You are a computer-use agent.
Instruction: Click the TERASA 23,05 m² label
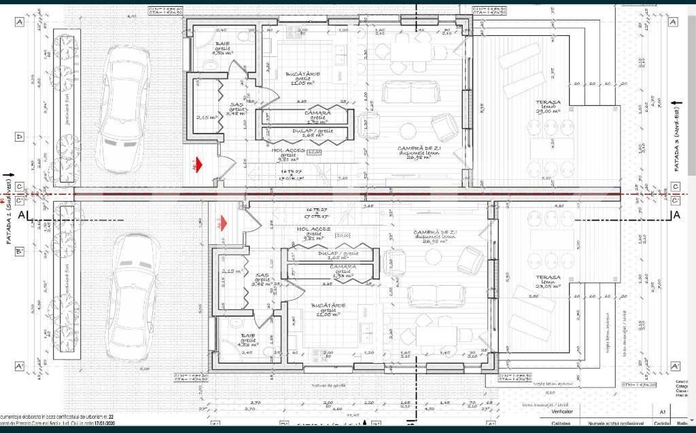(547, 281)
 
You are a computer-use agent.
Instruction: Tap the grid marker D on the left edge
(20, 136)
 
